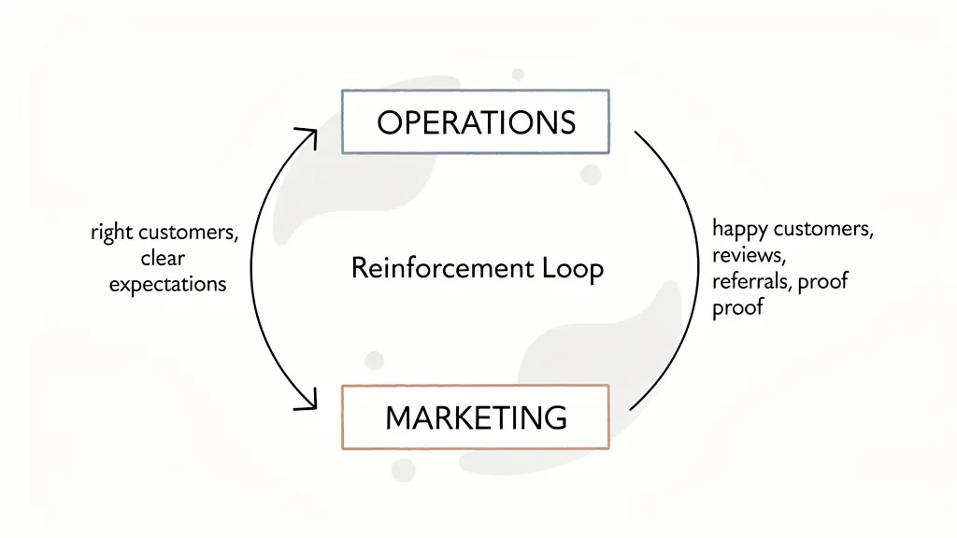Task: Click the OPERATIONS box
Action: click(x=476, y=121)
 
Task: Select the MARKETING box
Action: click(x=476, y=417)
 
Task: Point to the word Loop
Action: click(x=573, y=268)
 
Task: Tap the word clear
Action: click(x=163, y=258)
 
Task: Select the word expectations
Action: click(x=167, y=284)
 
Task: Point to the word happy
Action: click(x=739, y=229)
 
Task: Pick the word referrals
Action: click(x=751, y=281)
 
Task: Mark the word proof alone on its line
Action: click(x=737, y=307)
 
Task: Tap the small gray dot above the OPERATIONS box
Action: click(x=518, y=74)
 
